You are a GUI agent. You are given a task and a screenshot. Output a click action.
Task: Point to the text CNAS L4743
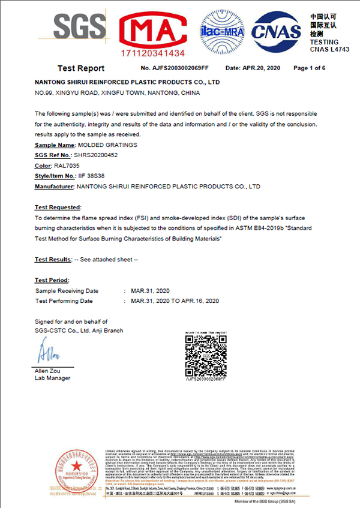[329, 49]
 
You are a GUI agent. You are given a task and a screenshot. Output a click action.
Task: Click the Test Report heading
[81, 68]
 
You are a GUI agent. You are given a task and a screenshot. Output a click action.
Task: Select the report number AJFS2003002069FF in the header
[175, 68]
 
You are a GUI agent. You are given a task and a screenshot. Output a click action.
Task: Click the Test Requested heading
[57, 207]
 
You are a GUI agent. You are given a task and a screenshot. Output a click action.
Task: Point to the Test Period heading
[52, 280]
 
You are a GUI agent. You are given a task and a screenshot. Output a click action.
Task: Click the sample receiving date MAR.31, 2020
[151, 290]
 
